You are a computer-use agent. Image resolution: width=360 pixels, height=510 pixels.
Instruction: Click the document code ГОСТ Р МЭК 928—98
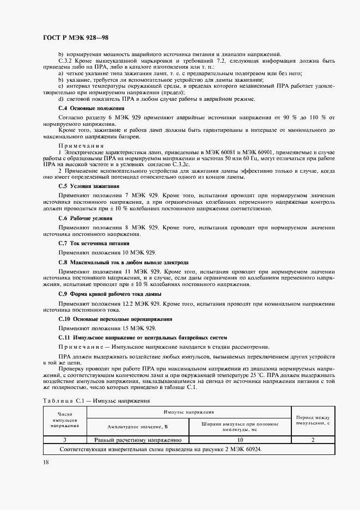coord(75,38)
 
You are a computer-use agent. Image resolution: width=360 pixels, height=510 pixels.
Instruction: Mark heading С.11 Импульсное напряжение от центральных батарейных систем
coord(135,338)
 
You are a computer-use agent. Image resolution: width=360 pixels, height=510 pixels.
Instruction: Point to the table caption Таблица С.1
coord(95,400)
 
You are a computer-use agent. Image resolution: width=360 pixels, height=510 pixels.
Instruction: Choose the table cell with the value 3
coord(64,439)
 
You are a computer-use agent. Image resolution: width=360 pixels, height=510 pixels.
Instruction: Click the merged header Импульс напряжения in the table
coord(189,414)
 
